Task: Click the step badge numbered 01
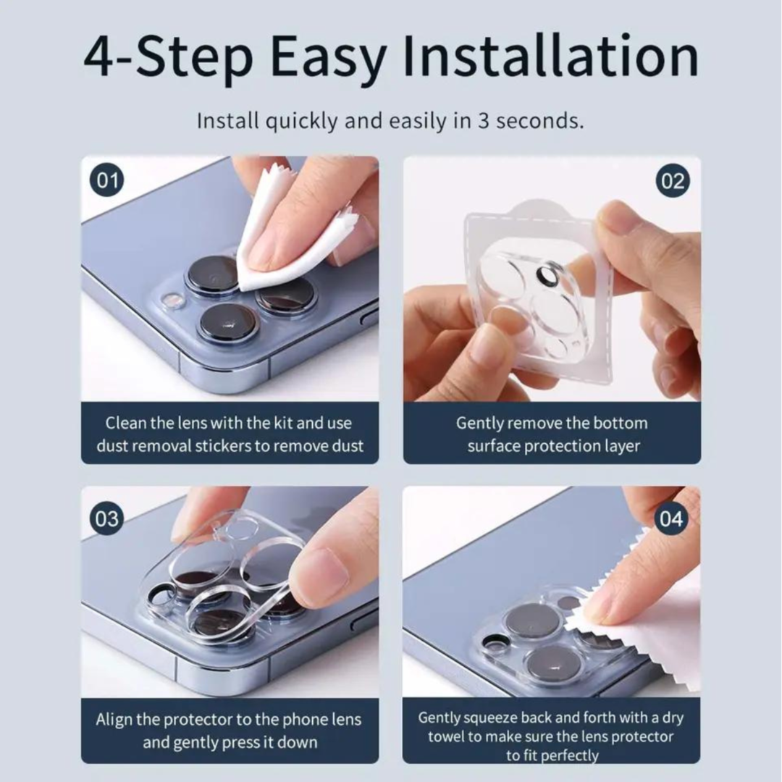[106, 180]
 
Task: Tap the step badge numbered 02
[673, 180]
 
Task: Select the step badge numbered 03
[106, 518]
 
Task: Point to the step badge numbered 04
[671, 518]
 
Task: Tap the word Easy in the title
[328, 60]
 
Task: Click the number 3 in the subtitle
[483, 121]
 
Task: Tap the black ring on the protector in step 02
[547, 275]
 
